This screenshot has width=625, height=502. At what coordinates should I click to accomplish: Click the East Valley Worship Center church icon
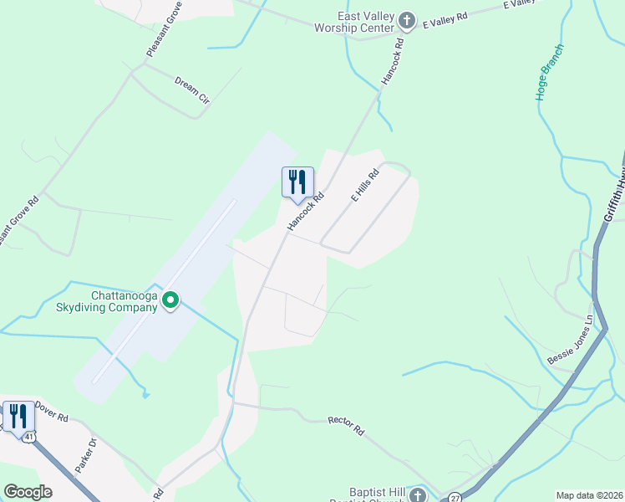click(407, 20)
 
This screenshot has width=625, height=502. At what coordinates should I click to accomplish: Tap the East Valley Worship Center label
click(365, 23)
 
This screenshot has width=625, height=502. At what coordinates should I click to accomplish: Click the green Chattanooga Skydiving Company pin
click(170, 300)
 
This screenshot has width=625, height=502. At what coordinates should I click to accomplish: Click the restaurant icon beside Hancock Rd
click(297, 182)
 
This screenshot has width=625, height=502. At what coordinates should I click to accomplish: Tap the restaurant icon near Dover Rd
click(18, 416)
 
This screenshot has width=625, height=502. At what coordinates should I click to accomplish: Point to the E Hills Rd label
click(365, 186)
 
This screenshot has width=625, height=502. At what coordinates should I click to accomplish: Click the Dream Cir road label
click(191, 90)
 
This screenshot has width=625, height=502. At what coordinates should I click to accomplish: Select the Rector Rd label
click(346, 426)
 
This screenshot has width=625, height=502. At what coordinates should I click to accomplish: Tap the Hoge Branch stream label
click(550, 72)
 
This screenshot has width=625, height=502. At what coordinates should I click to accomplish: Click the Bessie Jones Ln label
click(570, 340)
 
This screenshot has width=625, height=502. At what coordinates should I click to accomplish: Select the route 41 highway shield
click(30, 437)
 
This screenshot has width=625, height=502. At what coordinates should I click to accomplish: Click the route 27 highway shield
click(455, 496)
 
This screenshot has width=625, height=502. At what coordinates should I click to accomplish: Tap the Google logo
click(28, 492)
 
